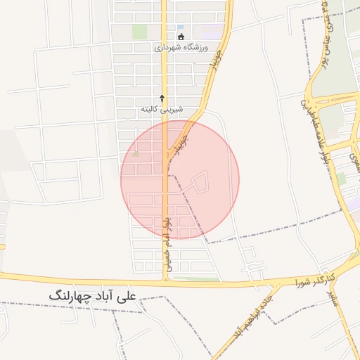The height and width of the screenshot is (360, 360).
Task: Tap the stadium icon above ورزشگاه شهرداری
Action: [181, 36]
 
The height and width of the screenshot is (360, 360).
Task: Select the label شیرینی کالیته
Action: [162, 109]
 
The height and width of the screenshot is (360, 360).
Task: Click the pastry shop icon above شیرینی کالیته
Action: [162, 98]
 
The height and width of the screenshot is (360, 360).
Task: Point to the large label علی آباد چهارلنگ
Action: [95, 297]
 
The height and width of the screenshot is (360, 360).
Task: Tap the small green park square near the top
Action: [141, 32]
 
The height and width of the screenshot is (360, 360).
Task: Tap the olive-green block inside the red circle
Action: [136, 154]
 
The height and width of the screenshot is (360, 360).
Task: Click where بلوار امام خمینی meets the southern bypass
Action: [166, 279]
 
